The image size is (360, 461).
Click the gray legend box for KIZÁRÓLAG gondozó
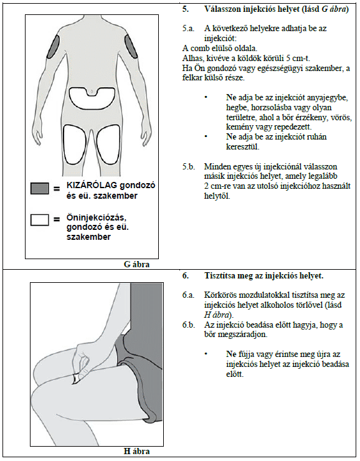click(x=40, y=188)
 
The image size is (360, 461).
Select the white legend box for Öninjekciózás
click(x=40, y=220)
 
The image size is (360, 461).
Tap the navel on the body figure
click(x=92, y=92)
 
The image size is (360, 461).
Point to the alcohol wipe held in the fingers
click(x=75, y=378)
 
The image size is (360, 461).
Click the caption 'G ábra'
click(x=136, y=264)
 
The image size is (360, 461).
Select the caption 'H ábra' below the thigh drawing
click(x=136, y=451)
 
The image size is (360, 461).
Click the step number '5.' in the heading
click(x=186, y=9)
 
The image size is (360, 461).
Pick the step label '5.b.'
click(x=188, y=167)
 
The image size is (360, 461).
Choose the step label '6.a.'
click(x=188, y=295)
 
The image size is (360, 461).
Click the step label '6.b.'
click(x=188, y=325)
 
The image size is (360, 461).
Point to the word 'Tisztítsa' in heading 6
click(x=219, y=276)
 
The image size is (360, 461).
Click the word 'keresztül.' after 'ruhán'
click(x=243, y=146)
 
